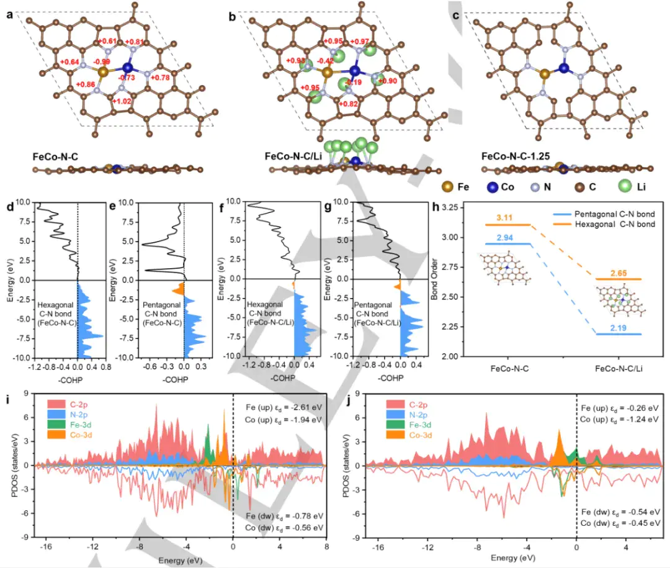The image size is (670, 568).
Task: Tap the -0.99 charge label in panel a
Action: tap(101, 62)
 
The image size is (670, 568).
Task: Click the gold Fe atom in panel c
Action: tap(544, 74)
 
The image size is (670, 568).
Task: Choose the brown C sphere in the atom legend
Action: tap(583, 186)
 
